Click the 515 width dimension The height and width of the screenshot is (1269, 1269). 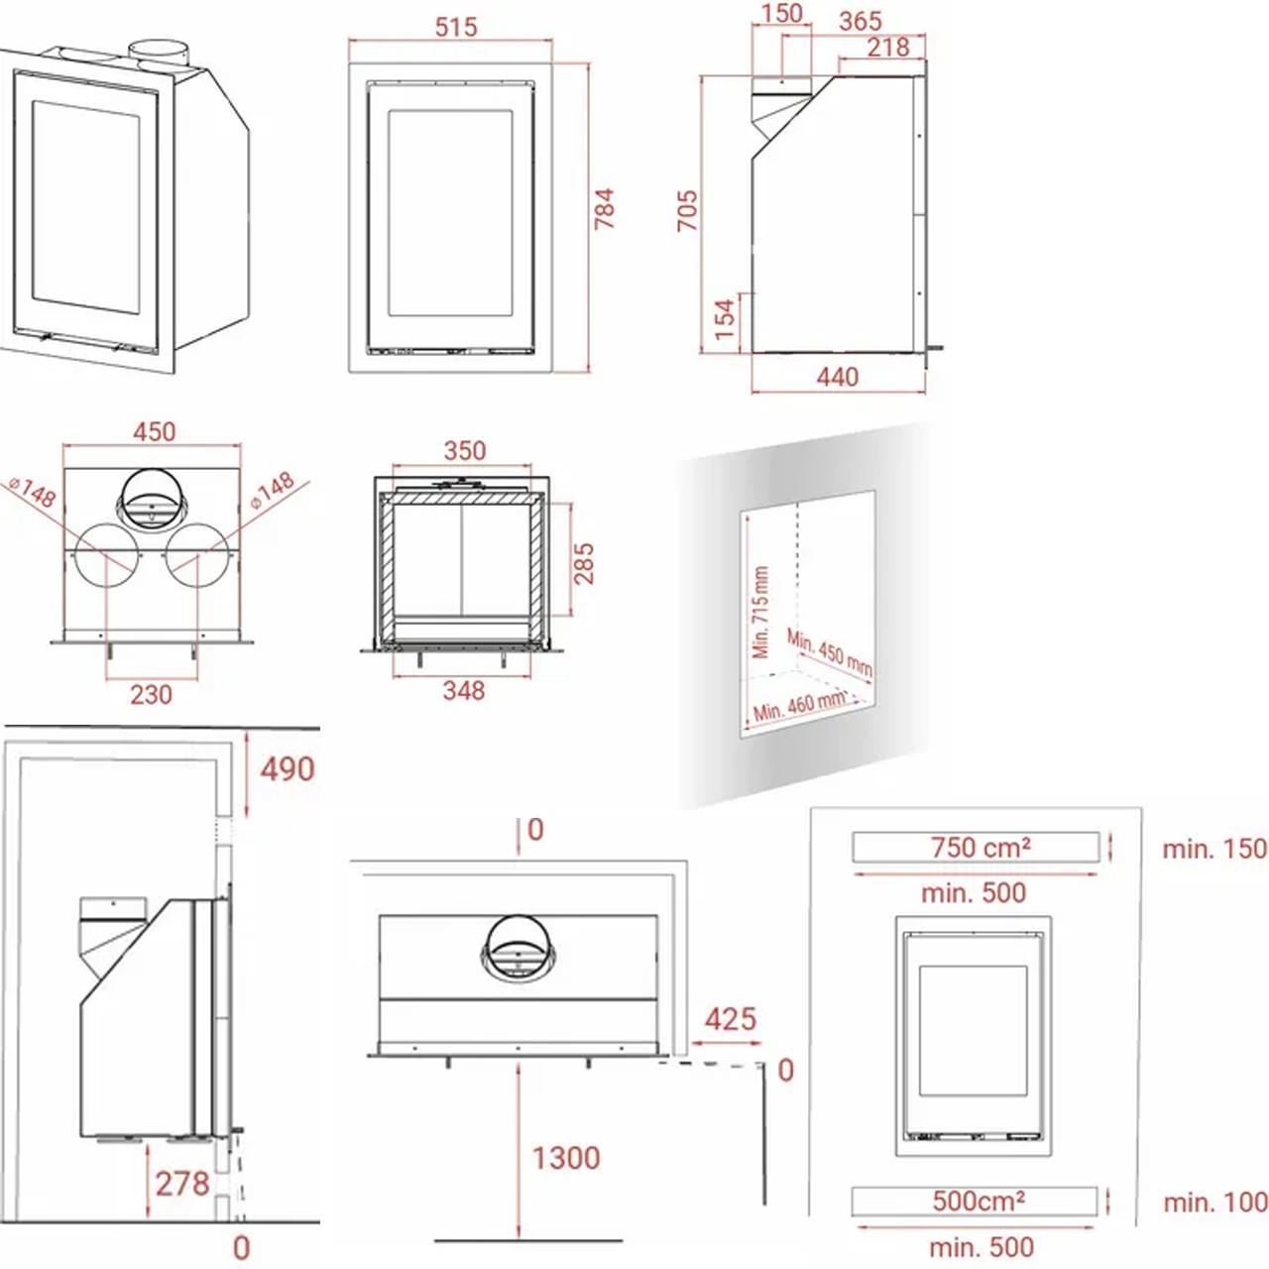pyautogui.click(x=456, y=27)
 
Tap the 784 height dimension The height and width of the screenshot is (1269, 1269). pyautogui.click(x=604, y=209)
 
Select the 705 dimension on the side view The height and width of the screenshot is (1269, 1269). pyautogui.click(x=687, y=211)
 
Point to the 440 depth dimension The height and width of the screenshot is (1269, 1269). pyautogui.click(x=838, y=378)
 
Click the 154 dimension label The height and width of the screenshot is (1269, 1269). pyautogui.click(x=725, y=319)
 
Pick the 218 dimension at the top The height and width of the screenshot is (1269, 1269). pyautogui.click(x=888, y=48)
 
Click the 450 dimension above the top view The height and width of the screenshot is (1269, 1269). pyautogui.click(x=154, y=432)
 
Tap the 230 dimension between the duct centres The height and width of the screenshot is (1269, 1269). pyautogui.click(x=151, y=695)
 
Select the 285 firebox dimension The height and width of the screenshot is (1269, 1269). pyautogui.click(x=584, y=563)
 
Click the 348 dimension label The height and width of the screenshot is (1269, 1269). pyautogui.click(x=464, y=691)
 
